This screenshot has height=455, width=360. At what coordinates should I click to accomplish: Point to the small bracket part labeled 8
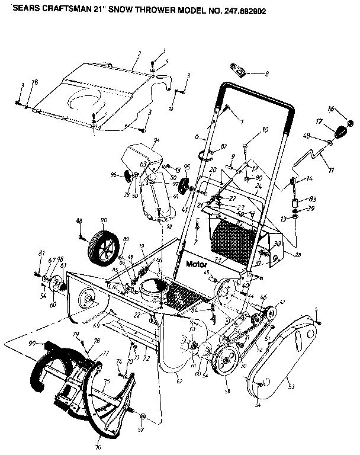(239, 72)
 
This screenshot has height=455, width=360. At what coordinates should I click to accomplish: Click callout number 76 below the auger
(98, 439)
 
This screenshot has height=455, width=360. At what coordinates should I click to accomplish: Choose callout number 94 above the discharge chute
(157, 140)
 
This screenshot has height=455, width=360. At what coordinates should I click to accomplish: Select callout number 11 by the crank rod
(331, 170)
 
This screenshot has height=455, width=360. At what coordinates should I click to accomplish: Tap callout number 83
(313, 199)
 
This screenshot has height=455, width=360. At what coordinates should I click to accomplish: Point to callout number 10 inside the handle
(264, 129)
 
